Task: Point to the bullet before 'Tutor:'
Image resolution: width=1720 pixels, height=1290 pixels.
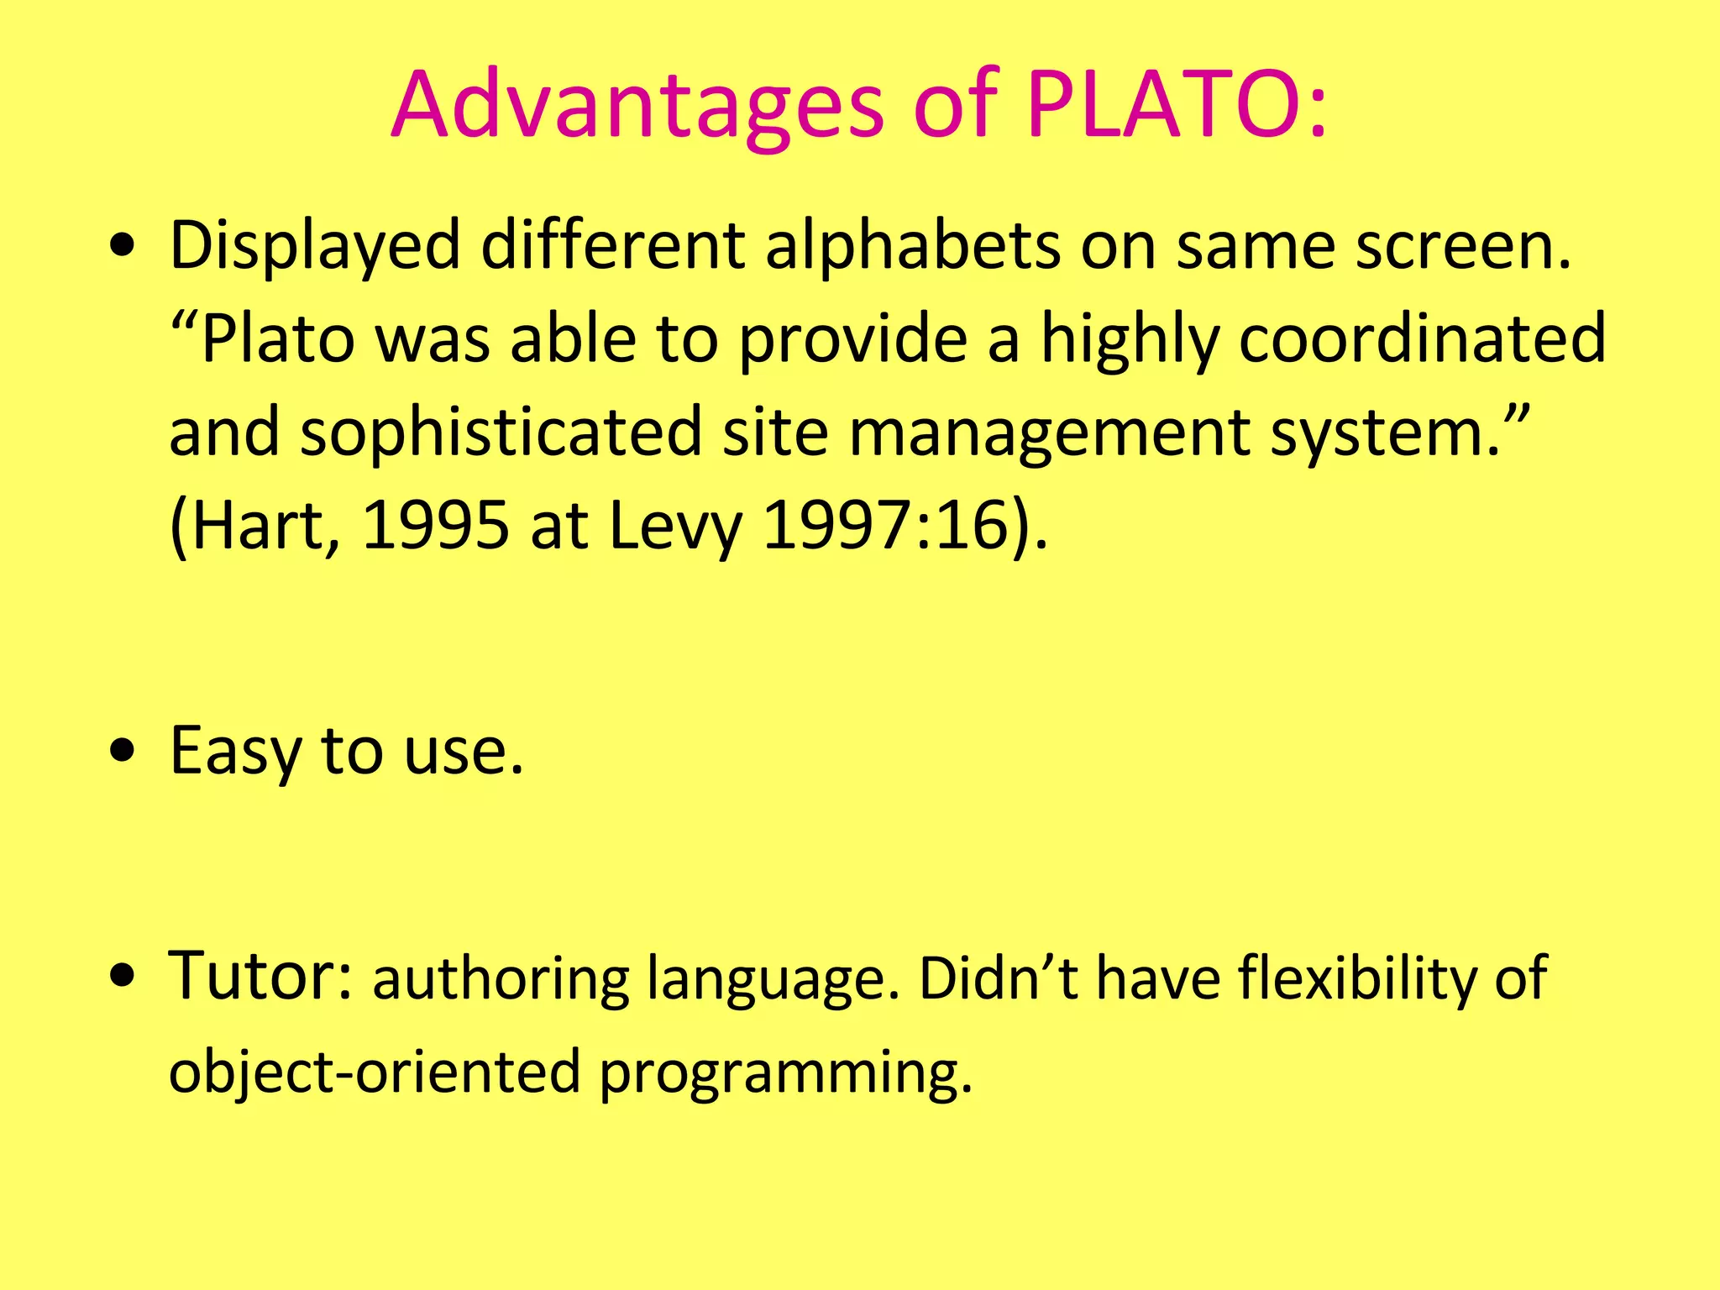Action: (123, 978)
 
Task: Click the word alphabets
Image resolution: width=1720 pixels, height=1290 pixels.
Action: (912, 246)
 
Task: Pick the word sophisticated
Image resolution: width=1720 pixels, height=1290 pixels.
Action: (501, 433)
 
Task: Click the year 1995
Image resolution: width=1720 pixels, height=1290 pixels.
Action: (435, 527)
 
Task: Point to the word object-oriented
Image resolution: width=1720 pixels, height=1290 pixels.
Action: (375, 1072)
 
